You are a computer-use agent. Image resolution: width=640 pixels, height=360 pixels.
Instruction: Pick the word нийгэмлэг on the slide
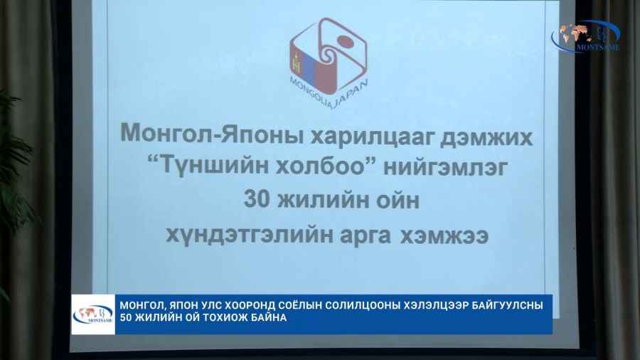coord(445,167)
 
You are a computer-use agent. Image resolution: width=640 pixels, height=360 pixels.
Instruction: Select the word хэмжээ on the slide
coord(444,235)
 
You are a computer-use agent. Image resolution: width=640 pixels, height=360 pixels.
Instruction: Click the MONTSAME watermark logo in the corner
coord(585,36)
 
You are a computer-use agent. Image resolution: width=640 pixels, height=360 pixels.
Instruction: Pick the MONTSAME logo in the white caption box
coord(93,314)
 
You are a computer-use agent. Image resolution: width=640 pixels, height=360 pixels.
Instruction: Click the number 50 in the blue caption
coord(126,317)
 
